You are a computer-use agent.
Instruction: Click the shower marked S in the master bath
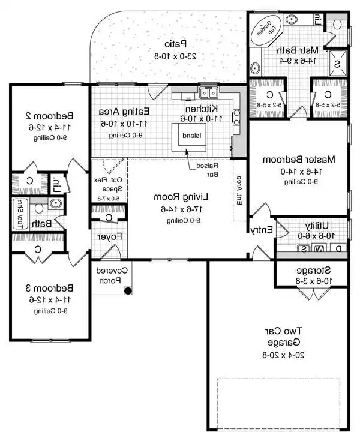[337, 64]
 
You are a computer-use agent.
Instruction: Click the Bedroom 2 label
[49, 115]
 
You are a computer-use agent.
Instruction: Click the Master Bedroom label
[299, 160]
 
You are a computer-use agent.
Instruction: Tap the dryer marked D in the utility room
[338, 248]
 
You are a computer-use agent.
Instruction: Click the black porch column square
[127, 291]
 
